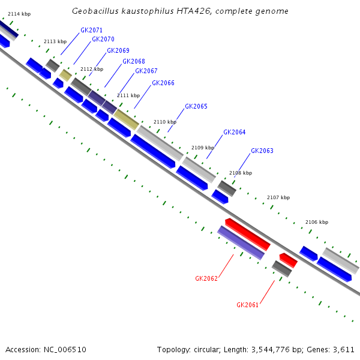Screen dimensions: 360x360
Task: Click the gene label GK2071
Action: pos(91,30)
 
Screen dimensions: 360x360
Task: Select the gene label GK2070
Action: pos(103,40)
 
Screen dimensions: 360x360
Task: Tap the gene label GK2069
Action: pos(118,51)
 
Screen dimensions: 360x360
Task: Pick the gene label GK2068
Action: pos(133,61)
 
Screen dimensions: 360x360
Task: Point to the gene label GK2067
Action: pos(146,71)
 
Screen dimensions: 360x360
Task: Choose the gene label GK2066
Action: pos(163,83)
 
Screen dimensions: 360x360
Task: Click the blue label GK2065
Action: pos(196,106)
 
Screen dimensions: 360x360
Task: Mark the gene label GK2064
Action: pos(234,132)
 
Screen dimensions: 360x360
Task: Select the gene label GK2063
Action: pos(262,151)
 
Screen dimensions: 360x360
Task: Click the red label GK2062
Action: pos(206,278)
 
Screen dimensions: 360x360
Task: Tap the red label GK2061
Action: pos(247,305)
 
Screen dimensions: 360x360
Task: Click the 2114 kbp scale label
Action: pos(19,14)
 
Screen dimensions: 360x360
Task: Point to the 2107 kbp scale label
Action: pos(278,197)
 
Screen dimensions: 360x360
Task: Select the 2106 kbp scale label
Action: pos(317,222)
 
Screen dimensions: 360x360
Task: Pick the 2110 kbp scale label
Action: pos(165,122)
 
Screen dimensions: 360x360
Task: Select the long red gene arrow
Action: pos(248,234)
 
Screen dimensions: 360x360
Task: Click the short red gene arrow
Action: pos(288,260)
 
